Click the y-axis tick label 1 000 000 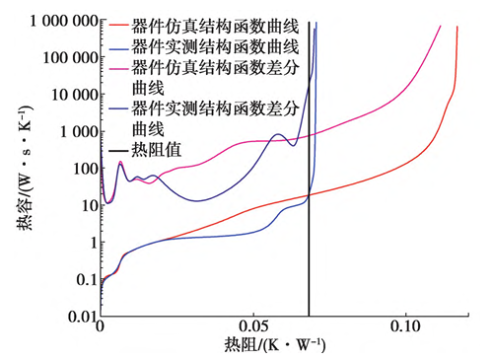tap(64, 22)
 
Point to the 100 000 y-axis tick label tap(71, 58)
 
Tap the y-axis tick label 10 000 tap(75, 95)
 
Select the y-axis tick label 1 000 tap(80, 132)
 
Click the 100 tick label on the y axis tap(86, 169)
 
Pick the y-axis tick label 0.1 tap(88, 280)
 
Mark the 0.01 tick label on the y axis tap(83, 317)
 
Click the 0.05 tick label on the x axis tap(253, 326)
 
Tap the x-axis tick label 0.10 tap(405, 326)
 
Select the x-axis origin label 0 tap(101, 326)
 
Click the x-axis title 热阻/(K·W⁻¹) tap(275, 345)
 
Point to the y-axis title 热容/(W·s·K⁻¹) tap(25, 167)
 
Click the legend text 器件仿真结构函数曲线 tap(215, 27)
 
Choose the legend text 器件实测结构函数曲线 tap(215, 47)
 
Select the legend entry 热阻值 tap(157, 150)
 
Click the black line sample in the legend tap(118, 151)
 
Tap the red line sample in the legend tap(118, 25)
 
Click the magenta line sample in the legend tap(118, 67)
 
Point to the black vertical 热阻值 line tap(309, 169)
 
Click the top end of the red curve tap(457, 27)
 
